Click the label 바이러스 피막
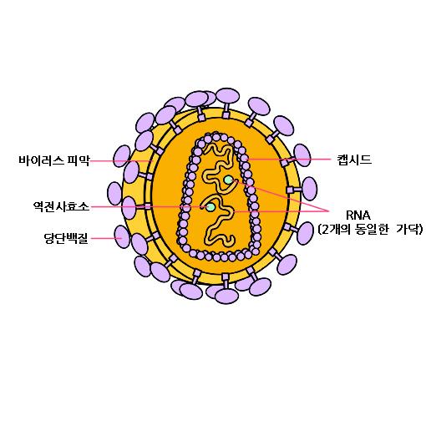(54, 160)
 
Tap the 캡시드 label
(354, 160)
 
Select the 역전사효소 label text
(61, 206)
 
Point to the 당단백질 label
(66, 238)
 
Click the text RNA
(358, 216)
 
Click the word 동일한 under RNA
(372, 230)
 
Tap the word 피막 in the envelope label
(79, 160)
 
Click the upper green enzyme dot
(229, 180)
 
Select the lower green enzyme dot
(210, 207)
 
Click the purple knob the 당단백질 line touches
(122, 236)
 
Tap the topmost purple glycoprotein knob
(227, 96)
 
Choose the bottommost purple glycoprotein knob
(226, 296)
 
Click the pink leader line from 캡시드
(289, 160)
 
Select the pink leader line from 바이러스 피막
(121, 161)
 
